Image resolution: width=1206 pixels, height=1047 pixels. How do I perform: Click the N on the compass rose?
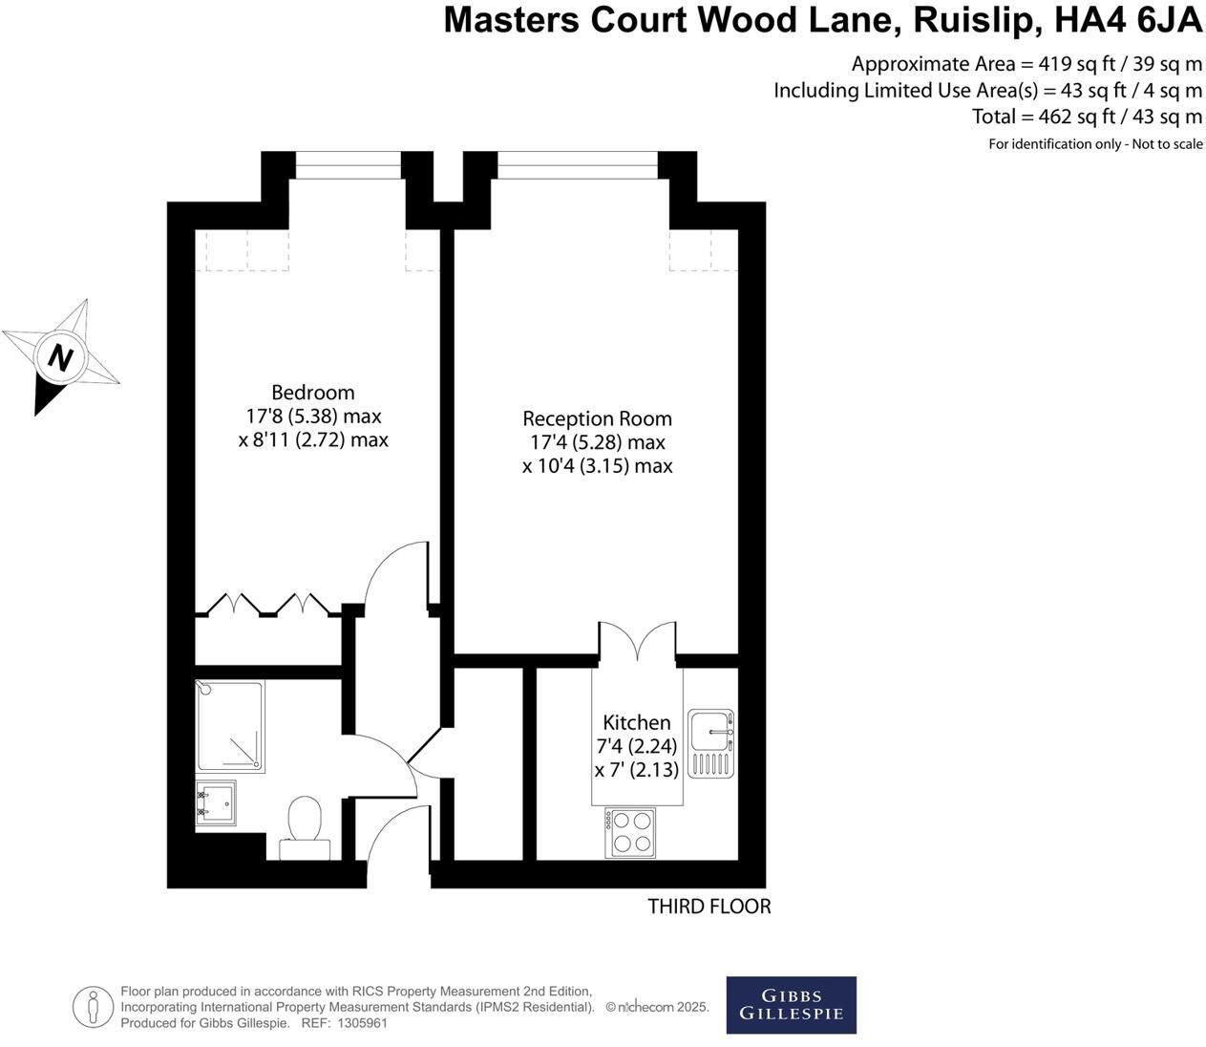pos(60,358)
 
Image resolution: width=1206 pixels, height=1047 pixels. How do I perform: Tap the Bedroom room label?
pos(313,393)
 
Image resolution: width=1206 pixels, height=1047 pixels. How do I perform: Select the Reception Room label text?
pos(597,418)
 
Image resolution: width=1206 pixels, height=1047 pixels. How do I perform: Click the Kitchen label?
pos(637,722)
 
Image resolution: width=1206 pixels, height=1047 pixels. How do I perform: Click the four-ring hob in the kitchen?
pos(630,832)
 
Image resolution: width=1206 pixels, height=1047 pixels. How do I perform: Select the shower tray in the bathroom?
pos(230,726)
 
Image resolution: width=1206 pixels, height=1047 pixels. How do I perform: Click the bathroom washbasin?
pos(216,802)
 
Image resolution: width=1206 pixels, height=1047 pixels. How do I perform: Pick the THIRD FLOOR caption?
pos(709,907)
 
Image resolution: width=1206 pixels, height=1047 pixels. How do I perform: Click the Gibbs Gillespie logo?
pos(791,1005)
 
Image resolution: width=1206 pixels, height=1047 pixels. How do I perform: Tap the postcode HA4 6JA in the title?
pos(1128,21)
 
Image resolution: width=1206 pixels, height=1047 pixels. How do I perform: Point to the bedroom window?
pos(349,165)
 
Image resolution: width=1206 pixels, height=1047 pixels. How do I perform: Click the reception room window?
pos(578,165)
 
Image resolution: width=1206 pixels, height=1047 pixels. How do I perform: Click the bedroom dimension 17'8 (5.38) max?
pos(313,417)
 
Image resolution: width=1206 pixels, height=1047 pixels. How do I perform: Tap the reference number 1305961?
pos(362,1023)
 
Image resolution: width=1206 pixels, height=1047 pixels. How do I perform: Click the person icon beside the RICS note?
pos(93,1007)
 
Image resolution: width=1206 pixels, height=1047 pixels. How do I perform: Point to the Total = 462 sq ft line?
pos(1087,117)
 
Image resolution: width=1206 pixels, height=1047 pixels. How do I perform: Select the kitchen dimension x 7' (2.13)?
pos(637,770)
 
